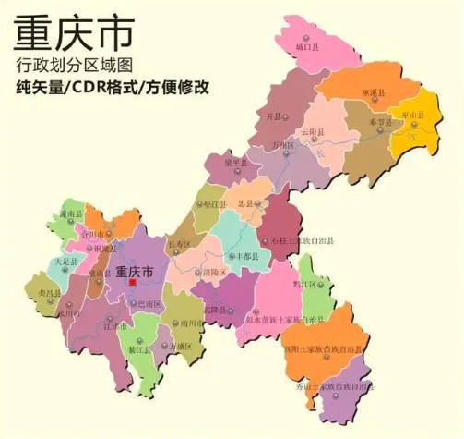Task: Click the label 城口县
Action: click(308, 44)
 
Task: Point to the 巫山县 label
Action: click(423, 115)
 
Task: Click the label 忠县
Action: click(245, 201)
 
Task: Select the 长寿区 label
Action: click(178, 243)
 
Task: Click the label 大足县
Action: click(65, 262)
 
